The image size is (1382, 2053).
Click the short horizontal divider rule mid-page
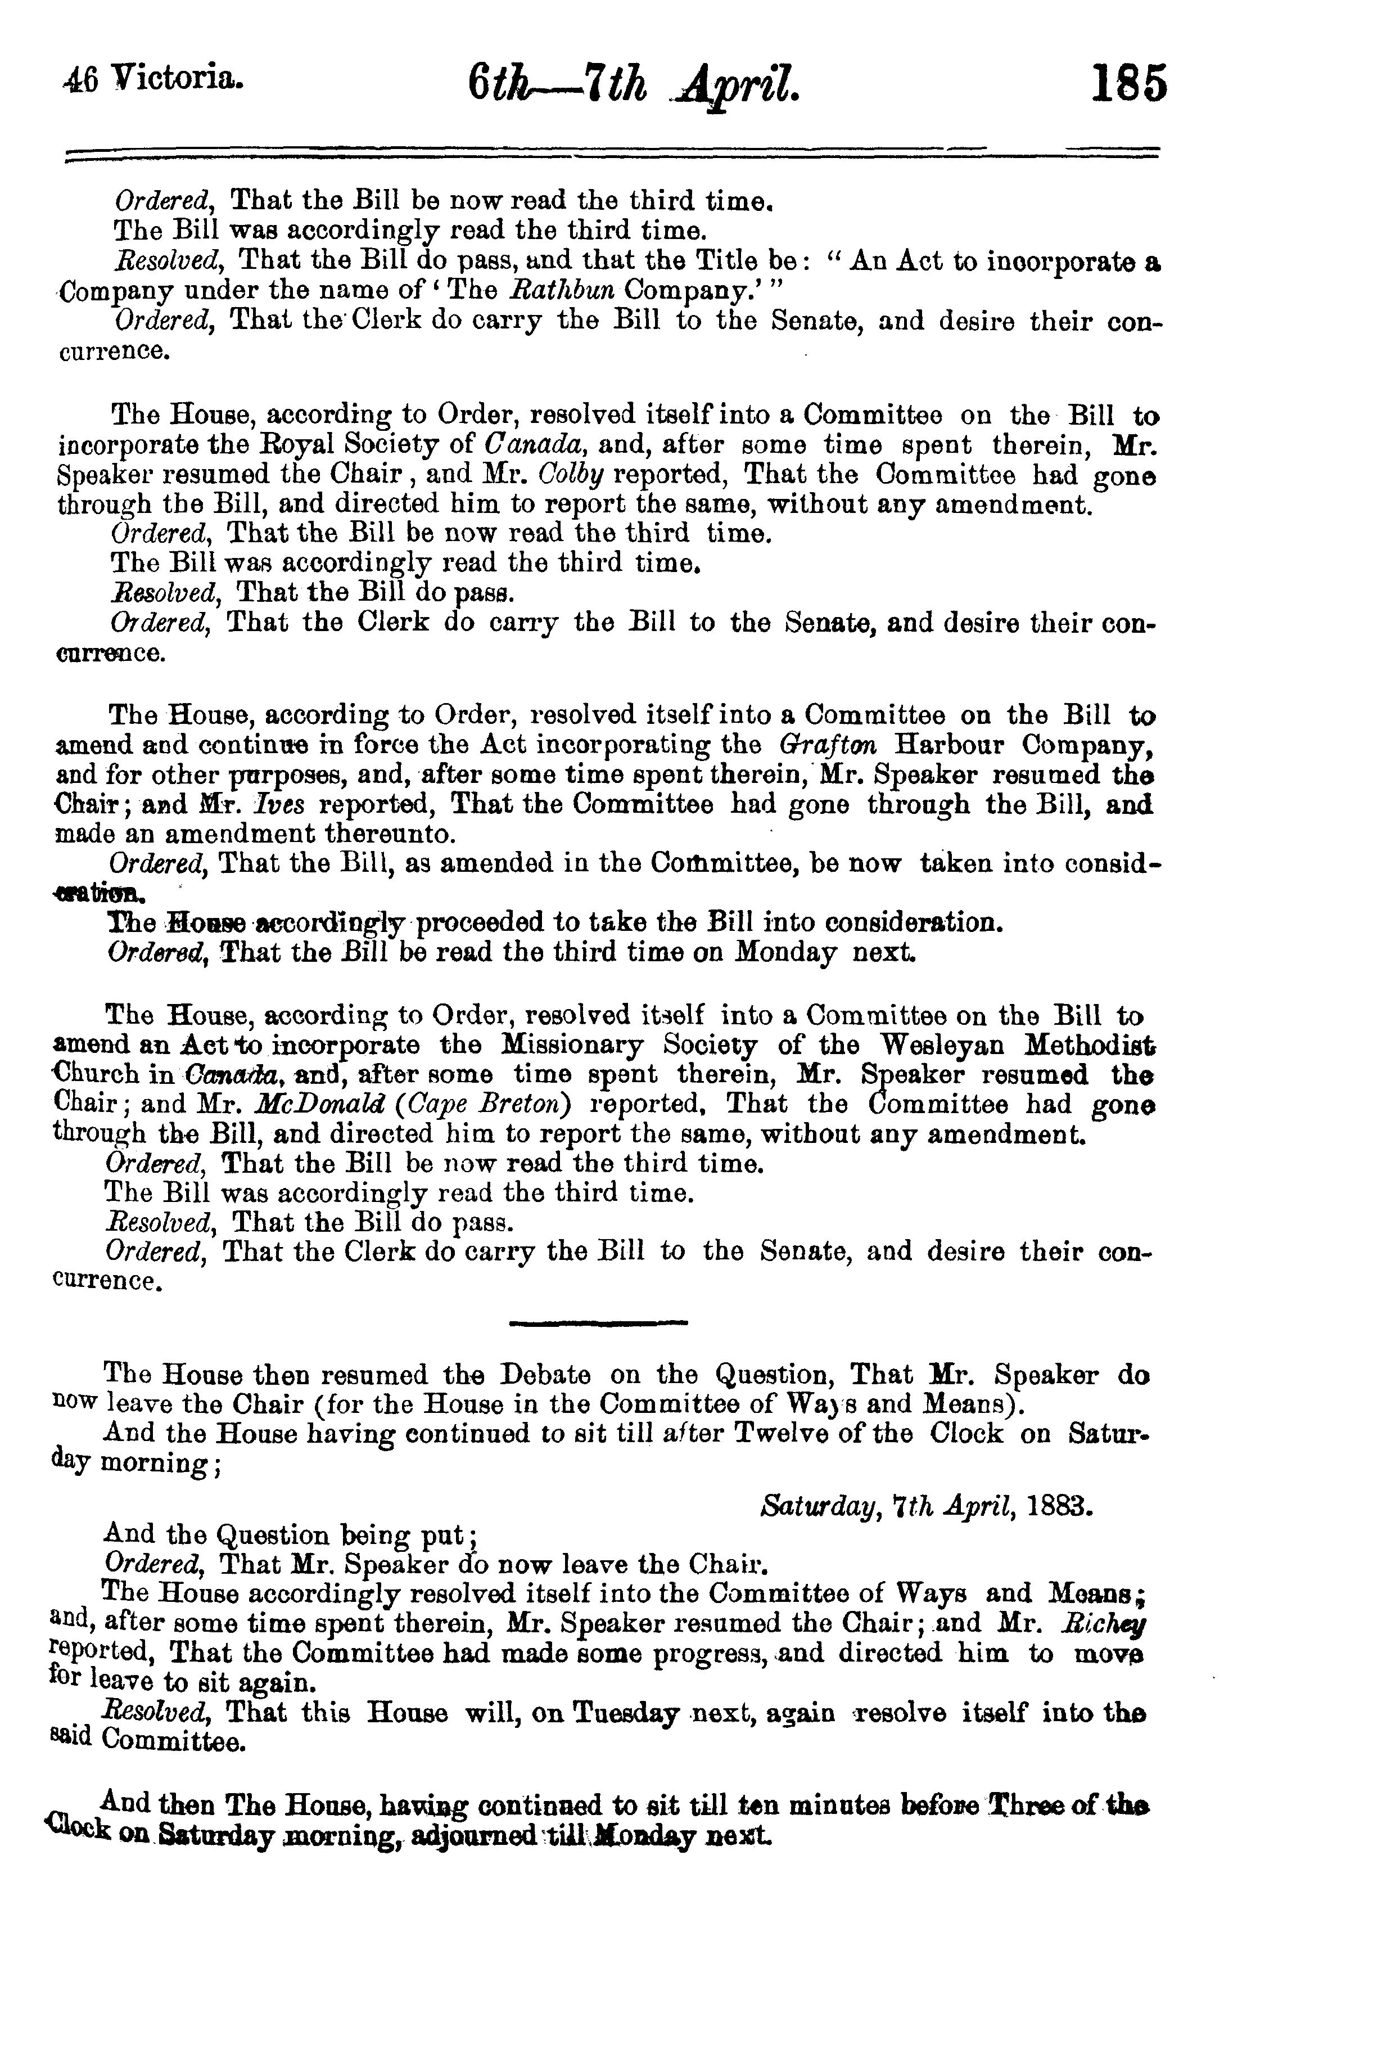pos(598,1322)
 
